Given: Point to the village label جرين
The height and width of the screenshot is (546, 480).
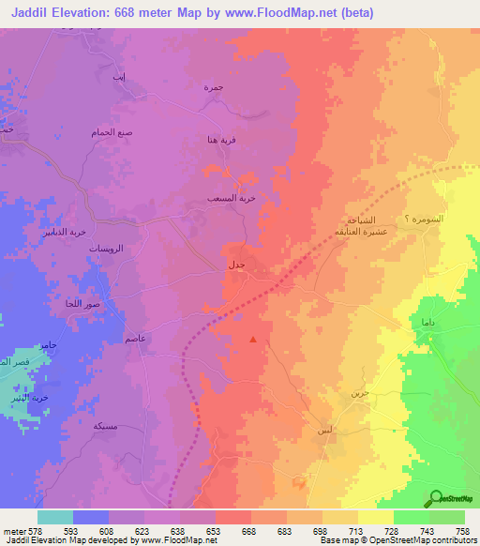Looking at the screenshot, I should click(373, 392).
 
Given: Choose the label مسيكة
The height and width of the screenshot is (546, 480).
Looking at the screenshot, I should click(105, 425).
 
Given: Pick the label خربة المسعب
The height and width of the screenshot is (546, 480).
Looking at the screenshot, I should click(229, 199).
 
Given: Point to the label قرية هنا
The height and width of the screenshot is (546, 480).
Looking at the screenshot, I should click(221, 140).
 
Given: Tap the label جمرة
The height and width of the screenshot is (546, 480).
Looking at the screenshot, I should click(213, 86).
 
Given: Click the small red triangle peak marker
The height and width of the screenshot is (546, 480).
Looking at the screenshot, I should click(252, 340).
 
